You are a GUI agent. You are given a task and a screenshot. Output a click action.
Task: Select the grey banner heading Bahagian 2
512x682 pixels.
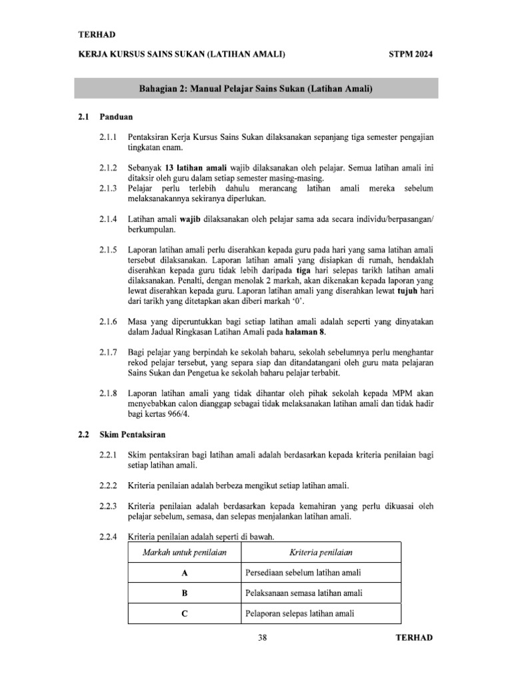[255, 89]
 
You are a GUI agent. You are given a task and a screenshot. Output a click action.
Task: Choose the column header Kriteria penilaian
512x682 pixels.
[321, 552]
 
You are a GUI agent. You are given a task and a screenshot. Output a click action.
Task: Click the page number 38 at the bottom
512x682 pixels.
[262, 638]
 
